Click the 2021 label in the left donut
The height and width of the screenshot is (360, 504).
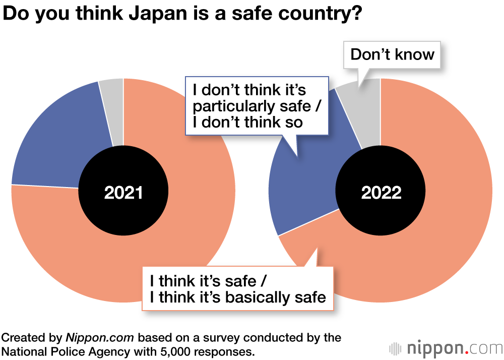coord(123,192)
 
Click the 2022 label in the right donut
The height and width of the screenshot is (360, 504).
coord(381,192)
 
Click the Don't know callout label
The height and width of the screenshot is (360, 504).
coord(392,54)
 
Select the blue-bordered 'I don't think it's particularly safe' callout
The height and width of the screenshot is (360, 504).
coord(257,106)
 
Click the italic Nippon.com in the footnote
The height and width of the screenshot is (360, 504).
coord(100,337)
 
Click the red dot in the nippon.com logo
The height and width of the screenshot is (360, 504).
coord(466,352)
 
